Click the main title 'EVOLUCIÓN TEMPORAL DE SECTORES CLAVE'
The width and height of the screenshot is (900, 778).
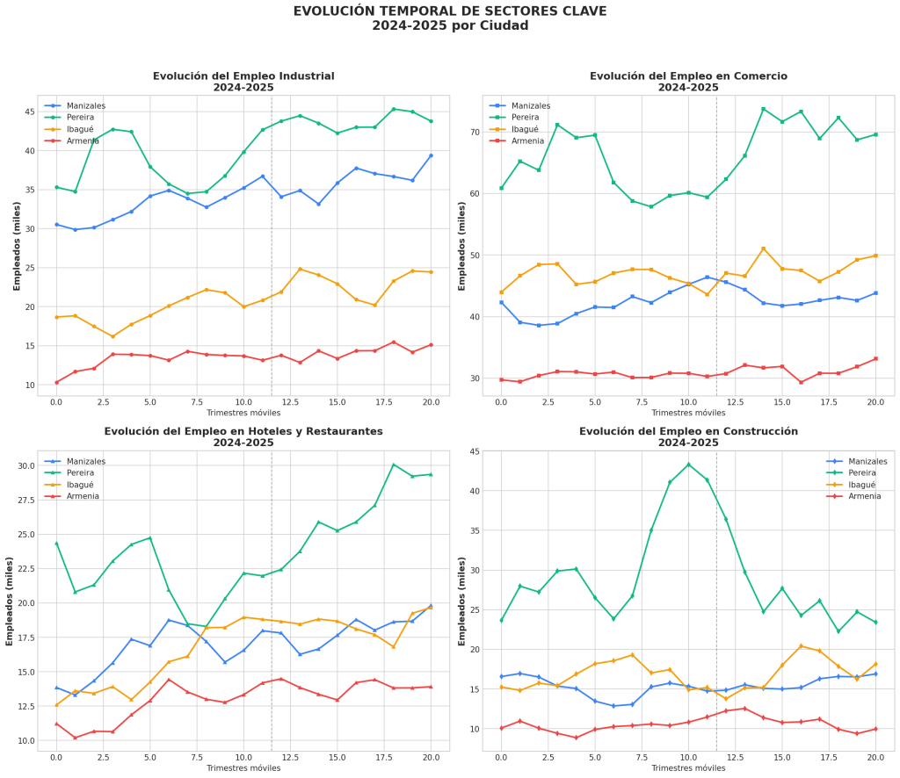click(450, 11)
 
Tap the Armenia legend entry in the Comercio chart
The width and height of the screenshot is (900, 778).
click(528, 140)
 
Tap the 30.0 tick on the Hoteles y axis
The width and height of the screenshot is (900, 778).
click(23, 465)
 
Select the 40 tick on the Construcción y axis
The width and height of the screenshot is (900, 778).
click(472, 491)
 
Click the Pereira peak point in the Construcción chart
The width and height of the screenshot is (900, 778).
click(688, 465)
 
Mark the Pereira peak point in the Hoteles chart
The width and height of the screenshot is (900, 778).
click(394, 465)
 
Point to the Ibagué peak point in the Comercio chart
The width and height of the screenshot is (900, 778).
click(763, 249)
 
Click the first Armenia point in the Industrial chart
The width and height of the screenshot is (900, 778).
click(56, 382)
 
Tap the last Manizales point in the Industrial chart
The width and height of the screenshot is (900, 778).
click(431, 155)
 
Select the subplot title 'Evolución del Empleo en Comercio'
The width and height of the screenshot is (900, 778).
click(688, 76)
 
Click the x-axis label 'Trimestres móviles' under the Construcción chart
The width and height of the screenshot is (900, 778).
click(688, 767)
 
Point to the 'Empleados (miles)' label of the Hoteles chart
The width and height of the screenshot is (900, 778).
click(10, 602)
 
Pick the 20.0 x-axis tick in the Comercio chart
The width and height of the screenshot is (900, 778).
click(875, 402)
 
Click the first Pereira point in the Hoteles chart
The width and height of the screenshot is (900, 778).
click(56, 544)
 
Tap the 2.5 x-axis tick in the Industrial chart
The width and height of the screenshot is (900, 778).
click(103, 402)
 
